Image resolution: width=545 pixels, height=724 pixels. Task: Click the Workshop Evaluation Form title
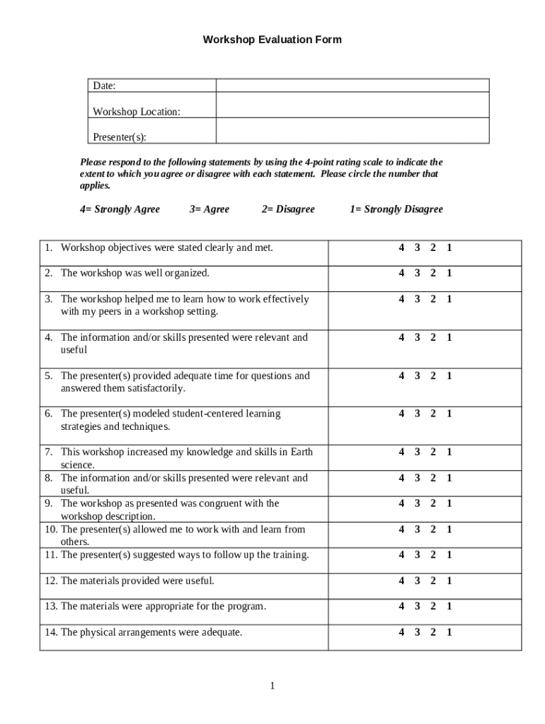(x=272, y=40)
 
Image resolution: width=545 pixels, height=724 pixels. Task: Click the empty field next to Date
(x=352, y=86)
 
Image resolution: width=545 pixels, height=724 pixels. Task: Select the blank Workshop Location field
(x=352, y=105)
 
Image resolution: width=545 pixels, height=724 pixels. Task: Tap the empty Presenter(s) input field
(x=352, y=131)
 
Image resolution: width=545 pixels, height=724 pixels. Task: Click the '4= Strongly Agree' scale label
(x=120, y=209)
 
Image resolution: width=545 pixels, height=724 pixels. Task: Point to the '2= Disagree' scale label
(x=288, y=209)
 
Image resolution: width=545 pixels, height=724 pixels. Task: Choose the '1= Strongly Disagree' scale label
(x=396, y=209)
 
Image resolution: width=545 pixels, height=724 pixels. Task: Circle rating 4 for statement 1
(x=401, y=247)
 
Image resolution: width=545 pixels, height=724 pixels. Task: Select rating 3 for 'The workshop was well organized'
(x=418, y=273)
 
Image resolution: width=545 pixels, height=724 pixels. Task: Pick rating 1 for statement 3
(x=449, y=299)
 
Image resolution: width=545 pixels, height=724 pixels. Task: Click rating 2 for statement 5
(x=433, y=375)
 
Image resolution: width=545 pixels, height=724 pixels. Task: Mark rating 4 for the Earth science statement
(x=401, y=452)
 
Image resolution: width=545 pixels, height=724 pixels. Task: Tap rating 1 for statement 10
(x=449, y=529)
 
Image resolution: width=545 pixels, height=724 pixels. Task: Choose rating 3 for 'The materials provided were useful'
(x=418, y=580)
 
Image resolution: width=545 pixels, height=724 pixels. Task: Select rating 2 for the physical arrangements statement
(x=433, y=632)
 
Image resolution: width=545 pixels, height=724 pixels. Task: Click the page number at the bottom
(x=272, y=686)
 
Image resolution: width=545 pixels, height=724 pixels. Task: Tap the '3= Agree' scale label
(x=210, y=209)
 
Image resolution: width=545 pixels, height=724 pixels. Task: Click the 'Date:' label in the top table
(x=104, y=86)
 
